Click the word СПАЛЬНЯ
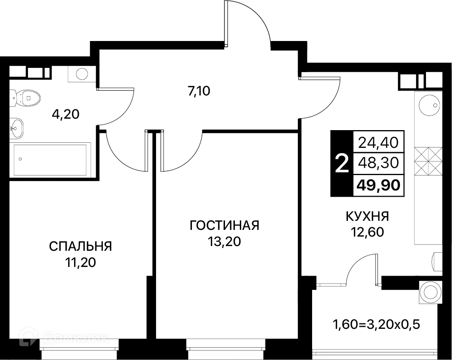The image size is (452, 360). coord(80,246)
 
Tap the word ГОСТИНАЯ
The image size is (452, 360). coord(224,226)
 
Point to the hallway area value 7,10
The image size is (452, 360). coord(199,91)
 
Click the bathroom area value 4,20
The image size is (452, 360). coord(66,114)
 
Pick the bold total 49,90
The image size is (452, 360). coord(378,184)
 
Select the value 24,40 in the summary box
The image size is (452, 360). coord(378,141)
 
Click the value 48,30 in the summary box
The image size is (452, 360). coord(378,162)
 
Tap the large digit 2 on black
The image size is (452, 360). coord(341,163)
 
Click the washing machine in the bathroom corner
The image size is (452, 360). coord(82,74)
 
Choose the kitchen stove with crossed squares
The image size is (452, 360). coord(428,161)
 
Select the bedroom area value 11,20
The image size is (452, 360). coord(80,262)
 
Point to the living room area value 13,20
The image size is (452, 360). coord(224,241)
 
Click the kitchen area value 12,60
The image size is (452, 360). coord(367,232)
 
